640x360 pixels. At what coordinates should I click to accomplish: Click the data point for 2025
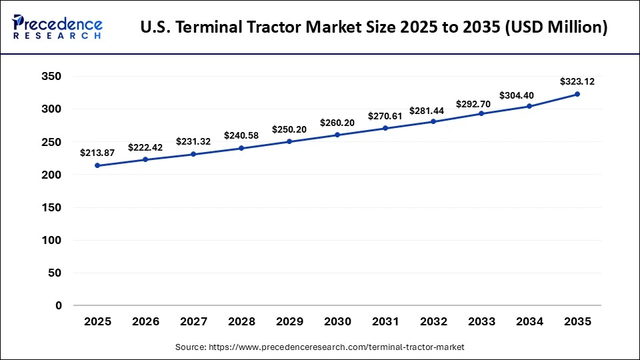pos(97,165)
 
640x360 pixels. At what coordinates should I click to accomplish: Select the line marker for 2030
pos(337,135)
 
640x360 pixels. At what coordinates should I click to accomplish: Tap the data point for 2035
pos(577,94)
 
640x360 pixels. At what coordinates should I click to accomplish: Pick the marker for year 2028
pos(241,148)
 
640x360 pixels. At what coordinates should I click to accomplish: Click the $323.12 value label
pos(577,82)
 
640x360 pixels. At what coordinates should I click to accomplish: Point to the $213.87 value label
pos(97,153)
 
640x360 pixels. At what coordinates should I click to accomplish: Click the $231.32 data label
pos(193,141)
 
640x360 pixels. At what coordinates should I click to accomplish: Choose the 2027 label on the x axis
pos(193,322)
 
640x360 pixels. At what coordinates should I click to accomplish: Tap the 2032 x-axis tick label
pos(433,322)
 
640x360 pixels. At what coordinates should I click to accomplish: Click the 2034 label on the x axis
pos(529,322)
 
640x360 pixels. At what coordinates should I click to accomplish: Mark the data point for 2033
pos(481,113)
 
